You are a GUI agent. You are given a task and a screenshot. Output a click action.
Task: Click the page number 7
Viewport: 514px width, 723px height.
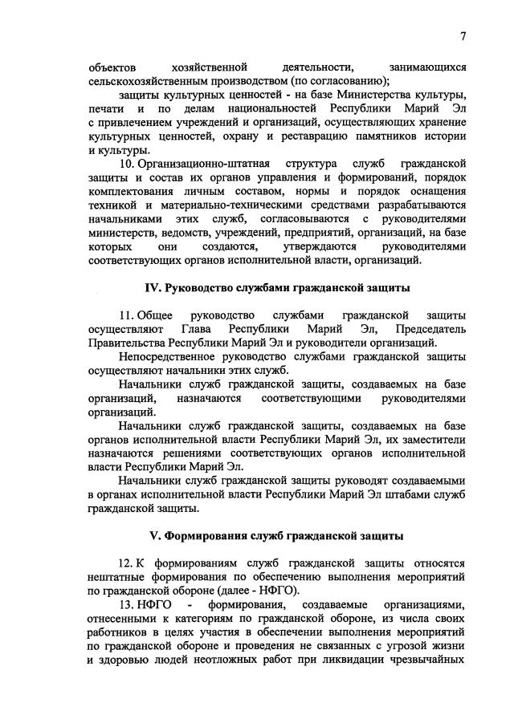[463, 35]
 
